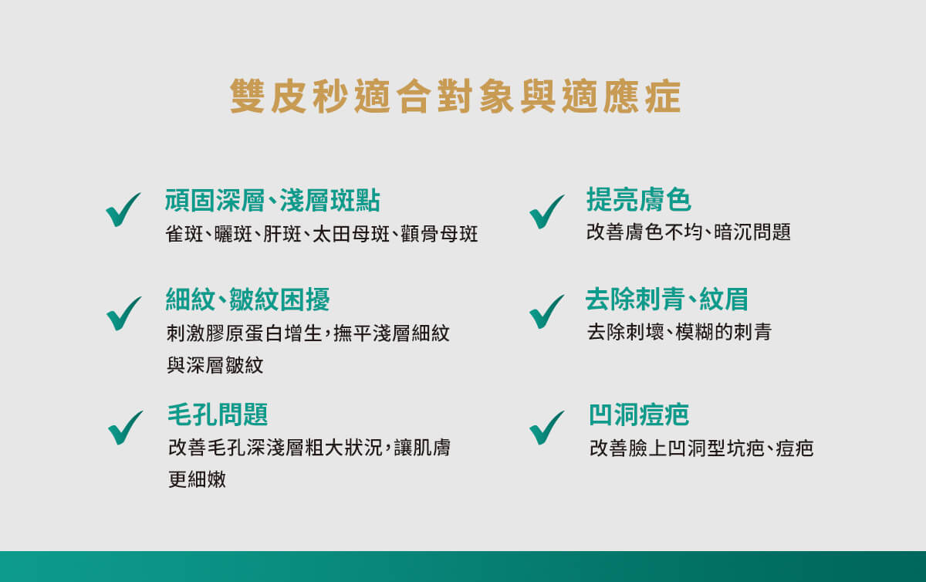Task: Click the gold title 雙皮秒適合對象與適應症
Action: click(x=455, y=96)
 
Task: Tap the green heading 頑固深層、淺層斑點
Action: click(x=272, y=201)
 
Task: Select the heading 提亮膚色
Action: click(x=639, y=199)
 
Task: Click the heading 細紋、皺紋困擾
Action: click(x=248, y=299)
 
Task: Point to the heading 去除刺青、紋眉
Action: click(x=667, y=299)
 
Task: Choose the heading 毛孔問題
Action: click(x=218, y=415)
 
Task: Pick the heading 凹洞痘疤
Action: click(x=639, y=415)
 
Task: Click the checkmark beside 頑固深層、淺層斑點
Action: click(x=123, y=210)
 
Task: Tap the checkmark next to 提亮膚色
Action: click(x=546, y=211)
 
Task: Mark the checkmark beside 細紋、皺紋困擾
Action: click(x=123, y=314)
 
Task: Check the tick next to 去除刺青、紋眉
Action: click(x=546, y=312)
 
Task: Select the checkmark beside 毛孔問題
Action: click(x=125, y=428)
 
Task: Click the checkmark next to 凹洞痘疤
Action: click(x=546, y=428)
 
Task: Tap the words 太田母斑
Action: click(x=351, y=234)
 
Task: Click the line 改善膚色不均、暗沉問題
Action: click(x=688, y=232)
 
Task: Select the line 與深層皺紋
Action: click(x=215, y=365)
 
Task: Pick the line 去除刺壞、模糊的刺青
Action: click(x=679, y=332)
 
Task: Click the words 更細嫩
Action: click(x=198, y=480)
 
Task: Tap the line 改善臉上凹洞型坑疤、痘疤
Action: click(x=701, y=448)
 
